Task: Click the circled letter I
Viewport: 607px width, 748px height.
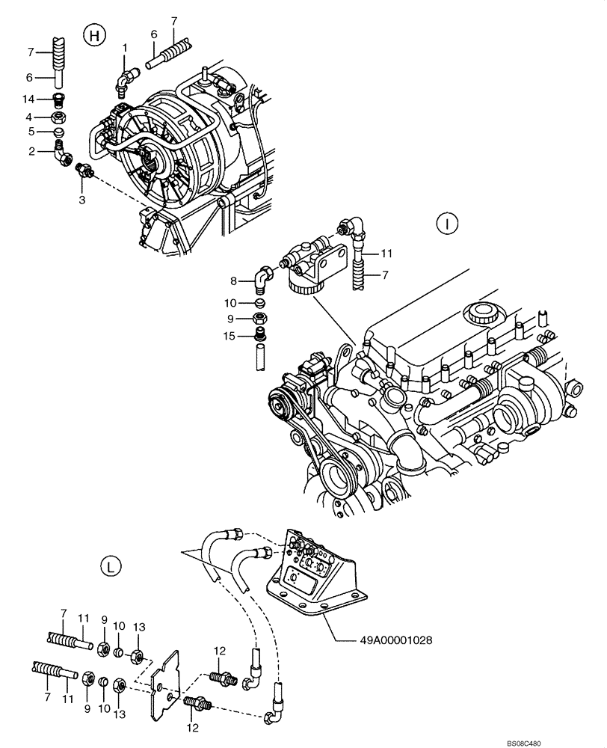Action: (446, 222)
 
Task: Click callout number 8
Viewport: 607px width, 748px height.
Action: (234, 281)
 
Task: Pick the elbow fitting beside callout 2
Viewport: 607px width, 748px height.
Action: (64, 154)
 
